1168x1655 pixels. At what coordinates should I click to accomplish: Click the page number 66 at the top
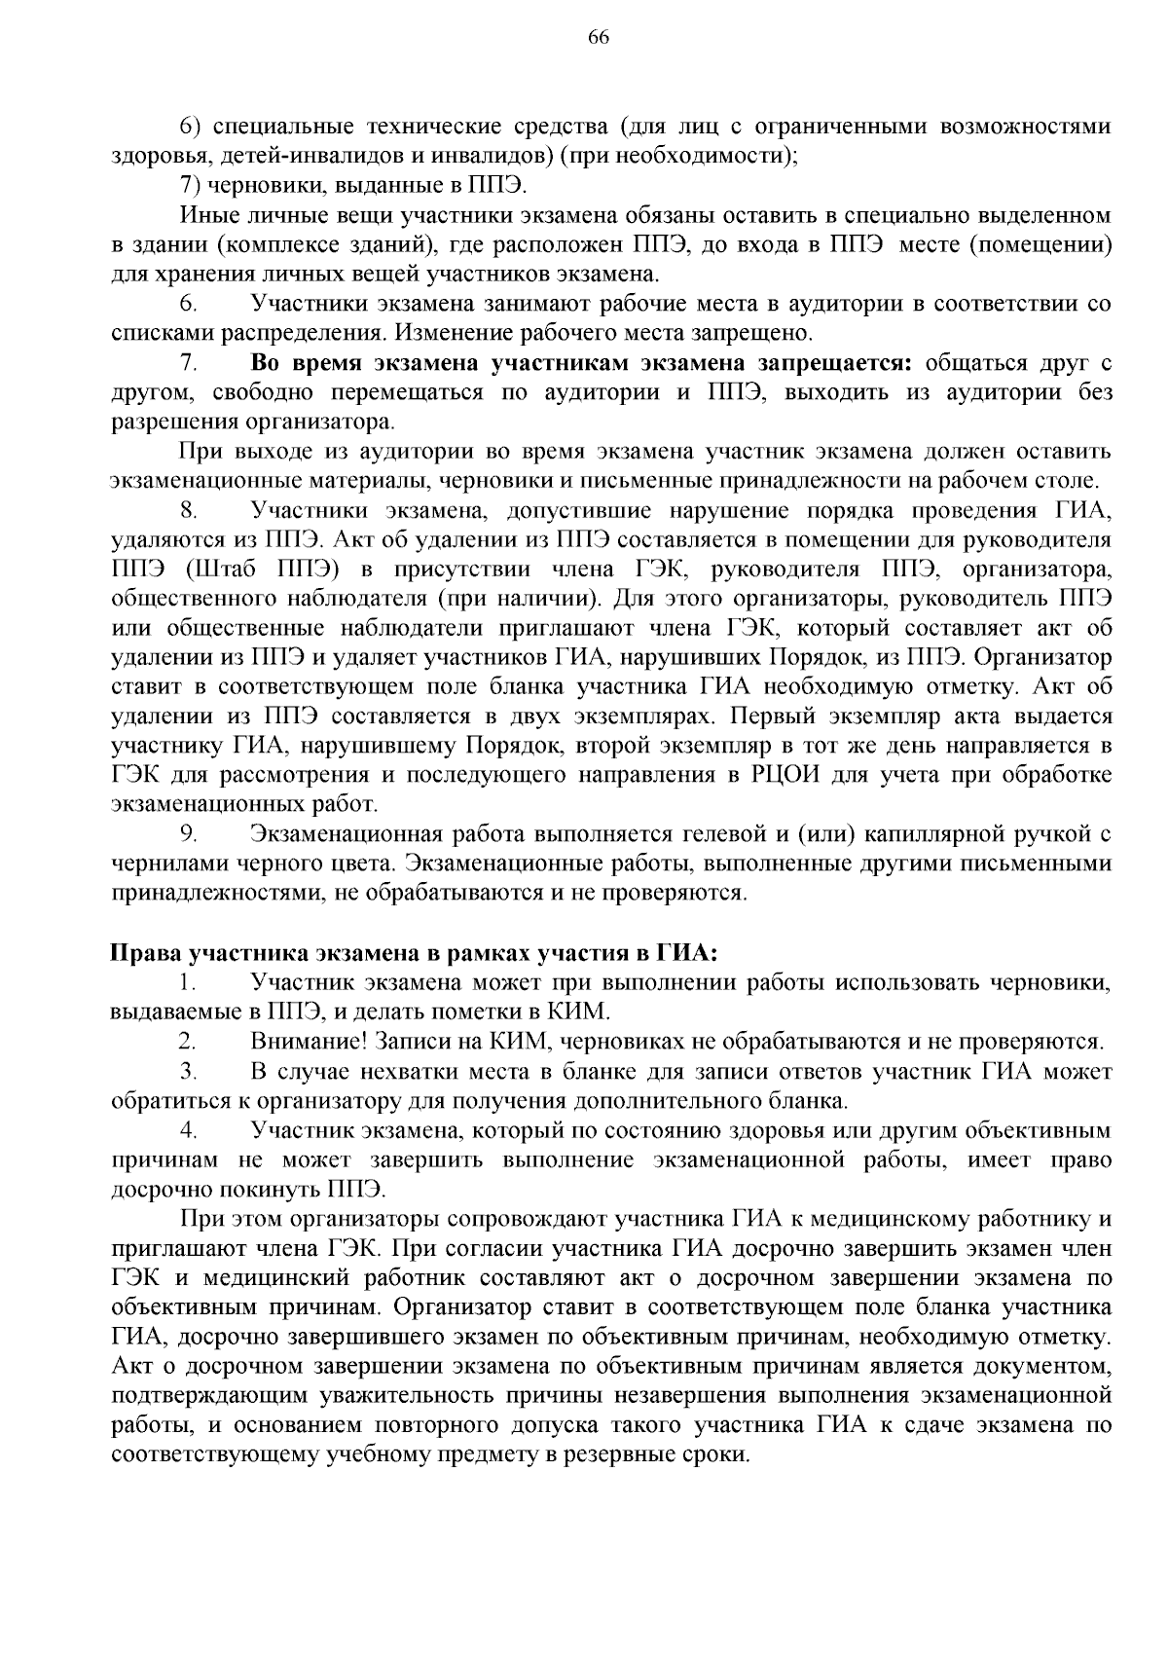598,37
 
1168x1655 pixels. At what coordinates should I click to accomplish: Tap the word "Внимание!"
308,1042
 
